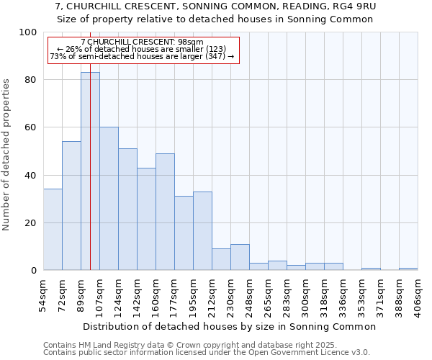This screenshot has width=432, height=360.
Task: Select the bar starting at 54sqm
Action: click(53, 230)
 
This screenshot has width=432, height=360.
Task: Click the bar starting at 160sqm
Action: click(165, 212)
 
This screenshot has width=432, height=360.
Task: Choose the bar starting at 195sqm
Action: click(202, 231)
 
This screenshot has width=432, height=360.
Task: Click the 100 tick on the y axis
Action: click(28, 32)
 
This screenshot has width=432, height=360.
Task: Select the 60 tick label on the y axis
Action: click(31, 127)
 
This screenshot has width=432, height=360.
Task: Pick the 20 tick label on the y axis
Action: click(31, 223)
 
